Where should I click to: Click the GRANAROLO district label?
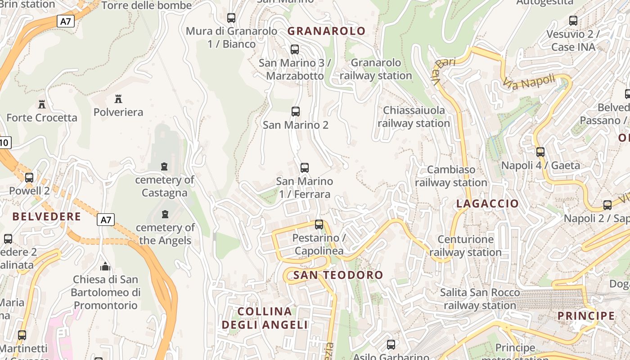click(326, 31)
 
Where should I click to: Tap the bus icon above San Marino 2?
click(296, 111)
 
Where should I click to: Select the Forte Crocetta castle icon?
click(42, 104)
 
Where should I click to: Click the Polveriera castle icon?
click(118, 99)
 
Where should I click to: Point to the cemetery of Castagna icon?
click(164, 166)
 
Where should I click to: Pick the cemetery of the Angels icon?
click(165, 214)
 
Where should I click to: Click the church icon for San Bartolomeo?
click(105, 266)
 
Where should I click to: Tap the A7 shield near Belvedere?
click(105, 220)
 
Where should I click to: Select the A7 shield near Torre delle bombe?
click(66, 21)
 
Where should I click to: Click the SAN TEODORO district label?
click(338, 275)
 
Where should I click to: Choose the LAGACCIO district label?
click(487, 203)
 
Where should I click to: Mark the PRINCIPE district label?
click(586, 316)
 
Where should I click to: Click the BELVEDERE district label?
click(46, 217)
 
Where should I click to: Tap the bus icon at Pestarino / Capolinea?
click(319, 224)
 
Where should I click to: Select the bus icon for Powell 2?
click(29, 177)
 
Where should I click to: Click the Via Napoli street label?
click(529, 82)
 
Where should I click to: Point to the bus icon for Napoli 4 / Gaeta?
click(540, 152)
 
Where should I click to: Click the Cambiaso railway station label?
click(451, 176)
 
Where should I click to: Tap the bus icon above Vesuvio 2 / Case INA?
click(573, 20)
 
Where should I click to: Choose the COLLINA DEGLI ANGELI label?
click(265, 318)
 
